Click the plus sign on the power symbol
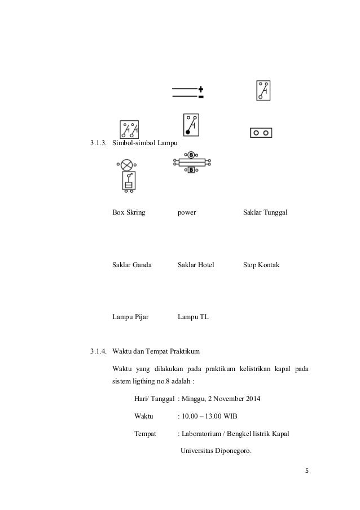coord(200,89)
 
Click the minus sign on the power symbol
coord(200,97)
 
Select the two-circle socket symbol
coord(261,133)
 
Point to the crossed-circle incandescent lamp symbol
coord(126,165)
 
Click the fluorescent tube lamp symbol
coord(191,162)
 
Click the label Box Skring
coord(129,213)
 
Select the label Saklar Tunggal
coord(265,213)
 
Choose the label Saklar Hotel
coord(196,265)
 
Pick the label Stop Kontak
coord(261,265)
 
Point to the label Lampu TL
coord(193,317)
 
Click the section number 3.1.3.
coord(99,143)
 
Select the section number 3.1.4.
coord(99,353)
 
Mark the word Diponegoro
coord(231,451)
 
